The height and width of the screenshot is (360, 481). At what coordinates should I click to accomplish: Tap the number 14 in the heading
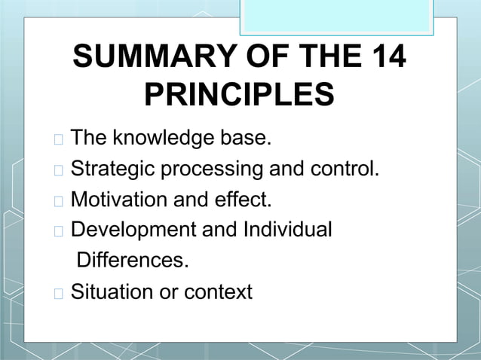coord(382,59)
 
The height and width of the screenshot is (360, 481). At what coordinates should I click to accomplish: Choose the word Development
coord(129,230)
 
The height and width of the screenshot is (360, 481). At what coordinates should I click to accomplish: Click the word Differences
coord(133,261)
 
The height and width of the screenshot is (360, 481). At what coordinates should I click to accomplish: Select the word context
coord(218,291)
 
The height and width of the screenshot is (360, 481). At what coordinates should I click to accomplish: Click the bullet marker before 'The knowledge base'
coord(60,140)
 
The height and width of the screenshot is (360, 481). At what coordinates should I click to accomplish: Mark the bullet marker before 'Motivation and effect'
coord(60,201)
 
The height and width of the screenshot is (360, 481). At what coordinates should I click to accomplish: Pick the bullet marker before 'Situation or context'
coord(60,293)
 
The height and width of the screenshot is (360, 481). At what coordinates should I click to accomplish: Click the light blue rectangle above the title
coord(337,16)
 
